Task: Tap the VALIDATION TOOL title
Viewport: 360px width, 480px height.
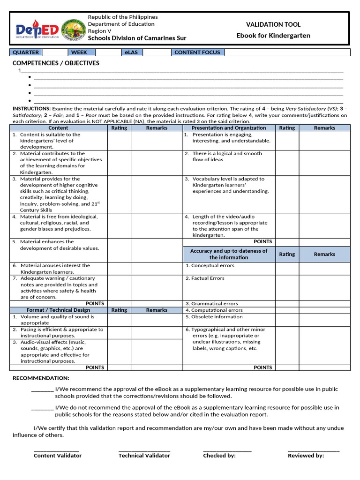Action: [x=273, y=24]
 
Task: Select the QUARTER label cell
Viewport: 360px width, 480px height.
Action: [x=26, y=52]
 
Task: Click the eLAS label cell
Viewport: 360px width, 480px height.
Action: [x=131, y=52]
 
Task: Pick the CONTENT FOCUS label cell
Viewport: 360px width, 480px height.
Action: [x=197, y=52]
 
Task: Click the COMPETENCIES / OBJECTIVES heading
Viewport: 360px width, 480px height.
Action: [x=56, y=63]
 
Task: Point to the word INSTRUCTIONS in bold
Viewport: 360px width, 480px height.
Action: [x=31, y=108]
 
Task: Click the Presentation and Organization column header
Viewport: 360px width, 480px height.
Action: [x=228, y=127]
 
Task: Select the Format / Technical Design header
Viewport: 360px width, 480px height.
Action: [x=58, y=310]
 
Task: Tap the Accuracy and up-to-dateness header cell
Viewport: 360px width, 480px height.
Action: [x=228, y=254]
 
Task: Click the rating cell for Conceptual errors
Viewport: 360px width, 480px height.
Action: [x=287, y=269]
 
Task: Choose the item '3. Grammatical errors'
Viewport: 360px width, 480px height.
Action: [x=211, y=304]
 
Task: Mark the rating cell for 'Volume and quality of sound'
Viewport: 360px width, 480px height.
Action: [x=119, y=320]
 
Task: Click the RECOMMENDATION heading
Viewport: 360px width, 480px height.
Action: [x=41, y=378]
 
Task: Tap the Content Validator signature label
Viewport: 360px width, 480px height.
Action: [x=57, y=456]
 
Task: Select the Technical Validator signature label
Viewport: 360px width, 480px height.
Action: [x=144, y=456]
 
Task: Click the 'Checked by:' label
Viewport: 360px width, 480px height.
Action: [x=219, y=456]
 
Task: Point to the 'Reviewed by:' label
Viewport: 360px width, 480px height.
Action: [x=306, y=456]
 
